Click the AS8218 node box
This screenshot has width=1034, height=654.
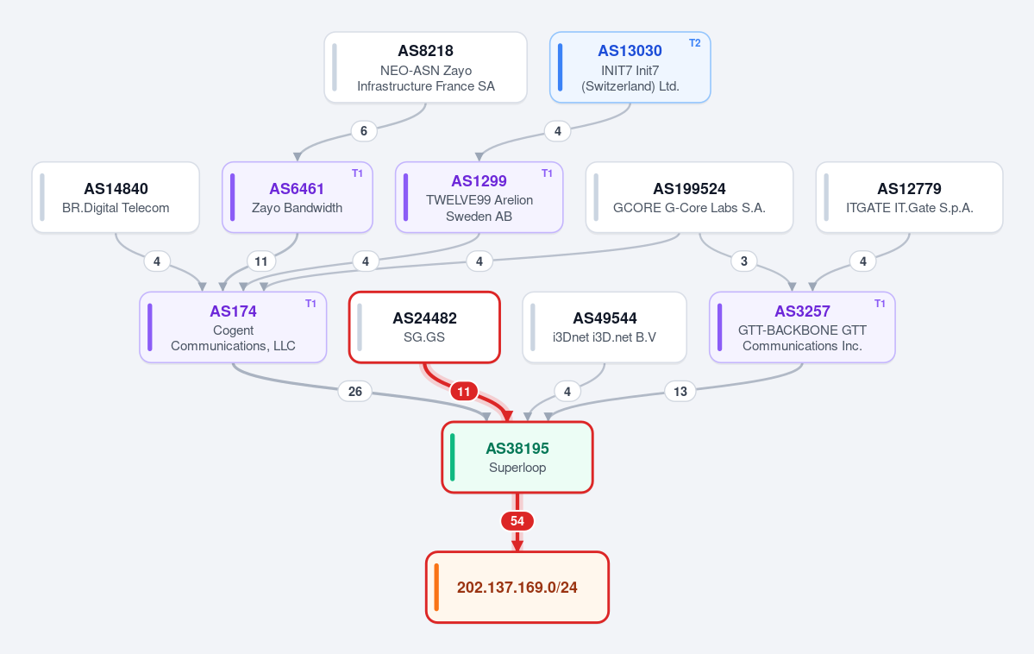pos(425,67)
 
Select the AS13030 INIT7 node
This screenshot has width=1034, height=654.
pos(630,67)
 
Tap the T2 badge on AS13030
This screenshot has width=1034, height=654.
pos(694,43)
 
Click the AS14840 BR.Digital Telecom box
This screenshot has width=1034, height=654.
pos(116,198)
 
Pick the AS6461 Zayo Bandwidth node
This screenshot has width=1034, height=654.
pos(298,198)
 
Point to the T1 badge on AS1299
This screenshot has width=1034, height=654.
pos(547,173)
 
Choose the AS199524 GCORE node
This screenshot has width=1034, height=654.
pos(689,198)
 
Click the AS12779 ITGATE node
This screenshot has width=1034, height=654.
pos(909,198)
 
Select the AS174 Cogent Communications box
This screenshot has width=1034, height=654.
pos(233,327)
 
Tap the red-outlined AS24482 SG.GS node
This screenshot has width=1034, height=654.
pos(424,327)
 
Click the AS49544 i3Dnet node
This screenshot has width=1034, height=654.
pos(605,327)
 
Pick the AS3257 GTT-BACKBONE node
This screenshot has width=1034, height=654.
pos(802,327)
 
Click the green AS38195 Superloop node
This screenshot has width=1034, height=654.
pos(517,457)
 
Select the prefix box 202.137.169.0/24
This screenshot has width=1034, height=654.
pos(517,588)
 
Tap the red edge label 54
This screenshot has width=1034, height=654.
pos(517,521)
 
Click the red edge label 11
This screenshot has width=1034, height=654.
pos(464,392)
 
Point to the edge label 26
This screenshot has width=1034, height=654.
pos(354,392)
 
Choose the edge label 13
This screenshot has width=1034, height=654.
pos(680,392)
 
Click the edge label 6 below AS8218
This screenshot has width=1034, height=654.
pos(363,131)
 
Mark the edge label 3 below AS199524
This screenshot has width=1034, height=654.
pos(744,261)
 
